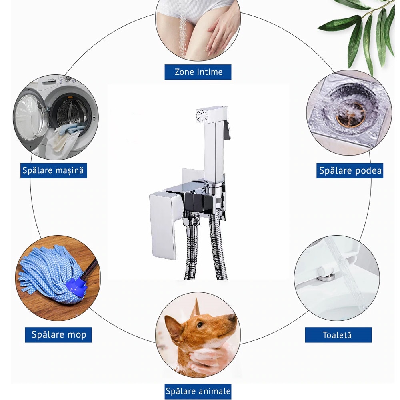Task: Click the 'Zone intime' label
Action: pos(198,72)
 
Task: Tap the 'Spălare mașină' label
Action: pos(54,170)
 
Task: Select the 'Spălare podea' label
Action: pos(350,170)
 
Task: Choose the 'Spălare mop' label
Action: pos(58,335)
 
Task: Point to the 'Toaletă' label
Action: pos(338,335)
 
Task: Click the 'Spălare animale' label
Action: pos(198,391)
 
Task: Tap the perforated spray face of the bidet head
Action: pos(202,115)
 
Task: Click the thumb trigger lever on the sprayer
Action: pos(227,130)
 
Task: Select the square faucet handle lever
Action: pos(164,224)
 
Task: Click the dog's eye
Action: pos(200,325)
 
